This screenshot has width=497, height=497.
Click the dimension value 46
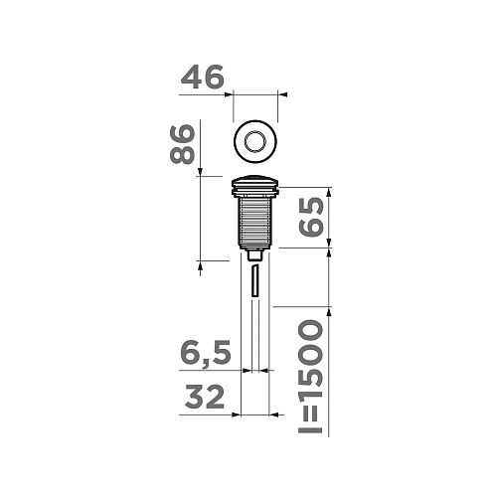[x=203, y=78]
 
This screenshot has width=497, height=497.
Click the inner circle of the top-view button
[x=255, y=140]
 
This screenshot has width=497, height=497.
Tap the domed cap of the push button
[x=255, y=183]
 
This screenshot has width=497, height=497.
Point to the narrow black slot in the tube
[x=255, y=280]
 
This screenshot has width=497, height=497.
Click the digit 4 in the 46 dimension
[x=191, y=78]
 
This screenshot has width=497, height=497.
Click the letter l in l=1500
[x=311, y=428]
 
